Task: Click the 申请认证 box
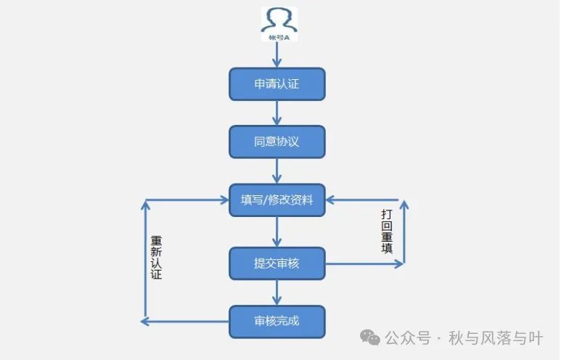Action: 277,84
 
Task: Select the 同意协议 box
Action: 277,142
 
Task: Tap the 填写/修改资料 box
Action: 277,200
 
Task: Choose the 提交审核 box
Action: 277,263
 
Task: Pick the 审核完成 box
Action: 277,321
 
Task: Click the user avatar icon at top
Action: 279,20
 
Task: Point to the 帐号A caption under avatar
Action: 279,36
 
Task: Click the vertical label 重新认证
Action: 156,258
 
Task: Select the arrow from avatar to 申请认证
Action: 277,54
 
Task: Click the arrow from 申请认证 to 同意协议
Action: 277,113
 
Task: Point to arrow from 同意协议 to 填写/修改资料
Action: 277,171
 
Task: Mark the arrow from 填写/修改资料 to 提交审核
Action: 277,232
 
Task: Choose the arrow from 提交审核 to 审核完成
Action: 277,292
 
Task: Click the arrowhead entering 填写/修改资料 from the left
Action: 224,200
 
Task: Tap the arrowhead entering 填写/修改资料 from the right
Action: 330,200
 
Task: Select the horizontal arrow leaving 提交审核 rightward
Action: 363,264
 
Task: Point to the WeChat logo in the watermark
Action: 371,338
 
